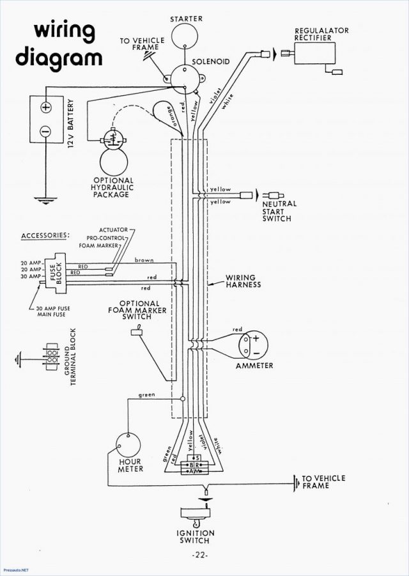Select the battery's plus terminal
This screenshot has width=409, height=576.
pos(45,107)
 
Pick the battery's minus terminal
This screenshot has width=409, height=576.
pos(45,131)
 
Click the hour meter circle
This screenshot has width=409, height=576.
pos(130,443)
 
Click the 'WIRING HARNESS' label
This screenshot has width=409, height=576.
pos(243,281)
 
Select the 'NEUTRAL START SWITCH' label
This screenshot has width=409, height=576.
pos(279,211)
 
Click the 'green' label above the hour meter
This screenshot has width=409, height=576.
pos(147,395)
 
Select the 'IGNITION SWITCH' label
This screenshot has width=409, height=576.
pos(196,537)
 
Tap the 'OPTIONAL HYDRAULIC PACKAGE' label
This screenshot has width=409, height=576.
pos(113,187)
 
